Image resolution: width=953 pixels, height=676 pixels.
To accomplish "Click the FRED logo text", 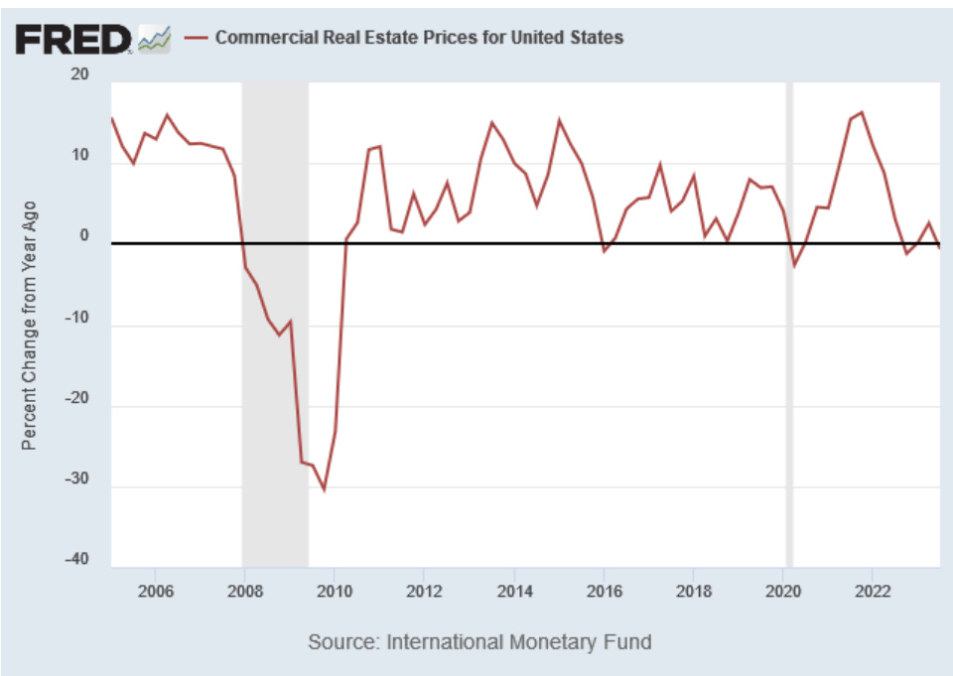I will coord(71,39).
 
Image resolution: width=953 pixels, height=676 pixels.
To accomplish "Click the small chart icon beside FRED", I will coord(155,39).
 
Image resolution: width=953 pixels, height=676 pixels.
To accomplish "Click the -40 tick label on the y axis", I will coord(75,560).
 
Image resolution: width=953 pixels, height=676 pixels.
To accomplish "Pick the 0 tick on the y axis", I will coord(84,237).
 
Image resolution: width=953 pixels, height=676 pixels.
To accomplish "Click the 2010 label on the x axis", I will coord(335,592).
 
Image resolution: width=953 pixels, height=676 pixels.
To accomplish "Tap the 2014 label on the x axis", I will coord(514,592).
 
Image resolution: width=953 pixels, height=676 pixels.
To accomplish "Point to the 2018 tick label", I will coord(693,592).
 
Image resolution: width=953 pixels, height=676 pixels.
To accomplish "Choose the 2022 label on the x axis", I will coord(873,592).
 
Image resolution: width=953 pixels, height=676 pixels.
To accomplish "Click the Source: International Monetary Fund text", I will coord(479,641).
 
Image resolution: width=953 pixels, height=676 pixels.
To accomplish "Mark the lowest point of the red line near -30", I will coord(324,489).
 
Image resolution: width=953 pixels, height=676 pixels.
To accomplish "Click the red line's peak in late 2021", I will coord(862,112).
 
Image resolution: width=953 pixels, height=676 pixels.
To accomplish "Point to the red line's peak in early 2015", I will coord(559,120).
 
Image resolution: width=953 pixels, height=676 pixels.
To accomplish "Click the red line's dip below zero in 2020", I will coord(794,265).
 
